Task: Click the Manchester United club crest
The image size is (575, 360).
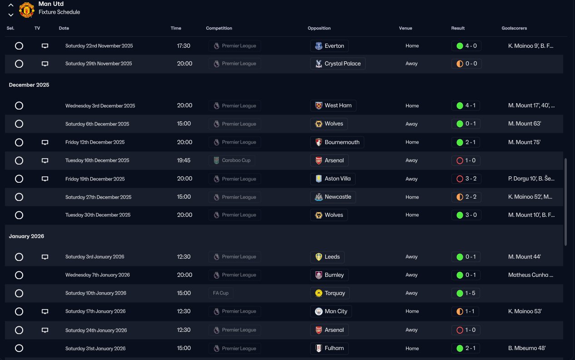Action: click(27, 10)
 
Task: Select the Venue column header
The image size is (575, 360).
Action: click(406, 28)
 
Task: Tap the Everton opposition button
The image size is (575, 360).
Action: click(329, 46)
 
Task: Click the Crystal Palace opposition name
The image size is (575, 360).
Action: click(342, 64)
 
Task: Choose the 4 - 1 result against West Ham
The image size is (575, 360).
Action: click(466, 105)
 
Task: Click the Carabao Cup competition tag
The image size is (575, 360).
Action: click(232, 160)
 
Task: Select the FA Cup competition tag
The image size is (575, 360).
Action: click(221, 293)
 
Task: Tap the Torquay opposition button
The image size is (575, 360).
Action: click(330, 293)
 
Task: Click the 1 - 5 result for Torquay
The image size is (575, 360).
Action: click(466, 293)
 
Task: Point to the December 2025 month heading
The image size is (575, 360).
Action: click(29, 85)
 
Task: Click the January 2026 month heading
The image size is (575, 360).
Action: click(26, 236)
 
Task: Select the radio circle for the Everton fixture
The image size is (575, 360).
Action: click(19, 46)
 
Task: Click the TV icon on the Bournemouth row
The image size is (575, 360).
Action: click(45, 142)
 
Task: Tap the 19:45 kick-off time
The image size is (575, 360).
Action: click(184, 160)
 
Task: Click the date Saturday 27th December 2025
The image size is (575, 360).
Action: click(98, 197)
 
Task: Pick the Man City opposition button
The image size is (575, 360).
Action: click(331, 311)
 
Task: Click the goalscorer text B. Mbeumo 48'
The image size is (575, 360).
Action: click(527, 349)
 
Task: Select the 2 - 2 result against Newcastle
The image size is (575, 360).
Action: click(466, 197)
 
